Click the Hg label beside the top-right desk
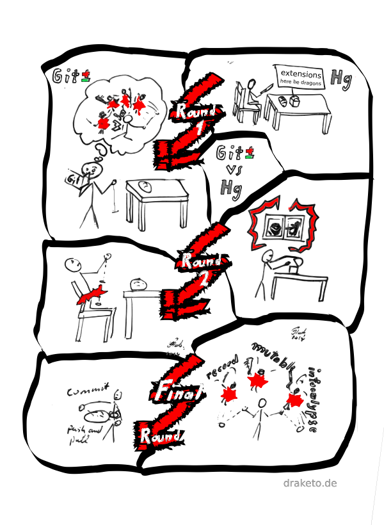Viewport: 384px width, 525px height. coord(340,79)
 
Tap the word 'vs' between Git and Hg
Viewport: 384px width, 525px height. coord(230,170)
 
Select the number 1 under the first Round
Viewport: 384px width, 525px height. coord(199,129)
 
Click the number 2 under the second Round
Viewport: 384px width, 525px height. coord(204,279)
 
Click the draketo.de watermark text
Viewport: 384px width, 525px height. coord(310,483)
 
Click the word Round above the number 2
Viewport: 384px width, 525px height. coord(201,261)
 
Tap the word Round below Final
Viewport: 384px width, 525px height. coord(159,436)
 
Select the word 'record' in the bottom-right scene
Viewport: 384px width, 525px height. coord(223,367)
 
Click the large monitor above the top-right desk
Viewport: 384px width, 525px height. coord(300,77)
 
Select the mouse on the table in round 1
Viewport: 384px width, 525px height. coord(145,187)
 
